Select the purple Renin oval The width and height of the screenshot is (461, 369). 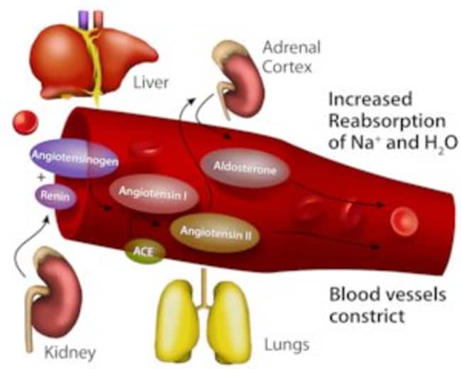[57, 195]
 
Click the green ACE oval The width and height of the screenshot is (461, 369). [145, 250]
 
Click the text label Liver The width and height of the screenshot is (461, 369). [151, 82]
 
